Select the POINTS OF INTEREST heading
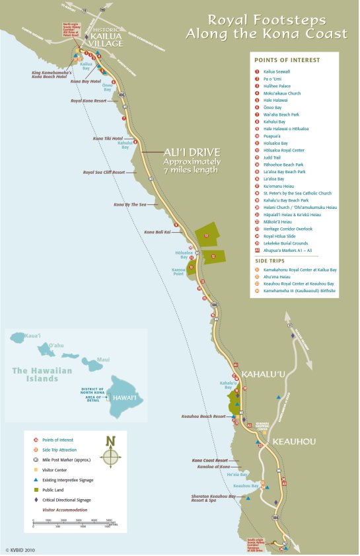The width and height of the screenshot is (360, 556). pos(287,60)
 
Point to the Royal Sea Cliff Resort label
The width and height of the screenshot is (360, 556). pos(104,172)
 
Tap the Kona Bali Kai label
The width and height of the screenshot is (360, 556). pos(157,232)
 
